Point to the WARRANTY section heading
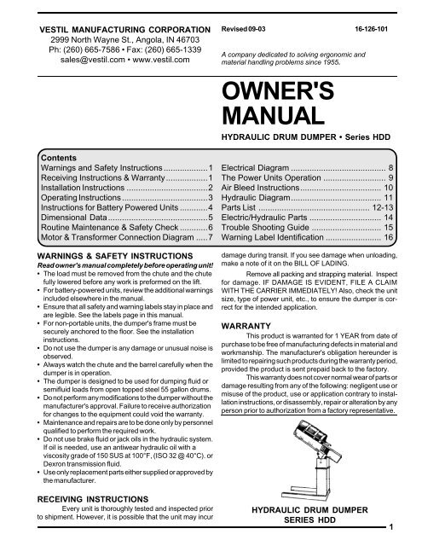click(246, 325)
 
